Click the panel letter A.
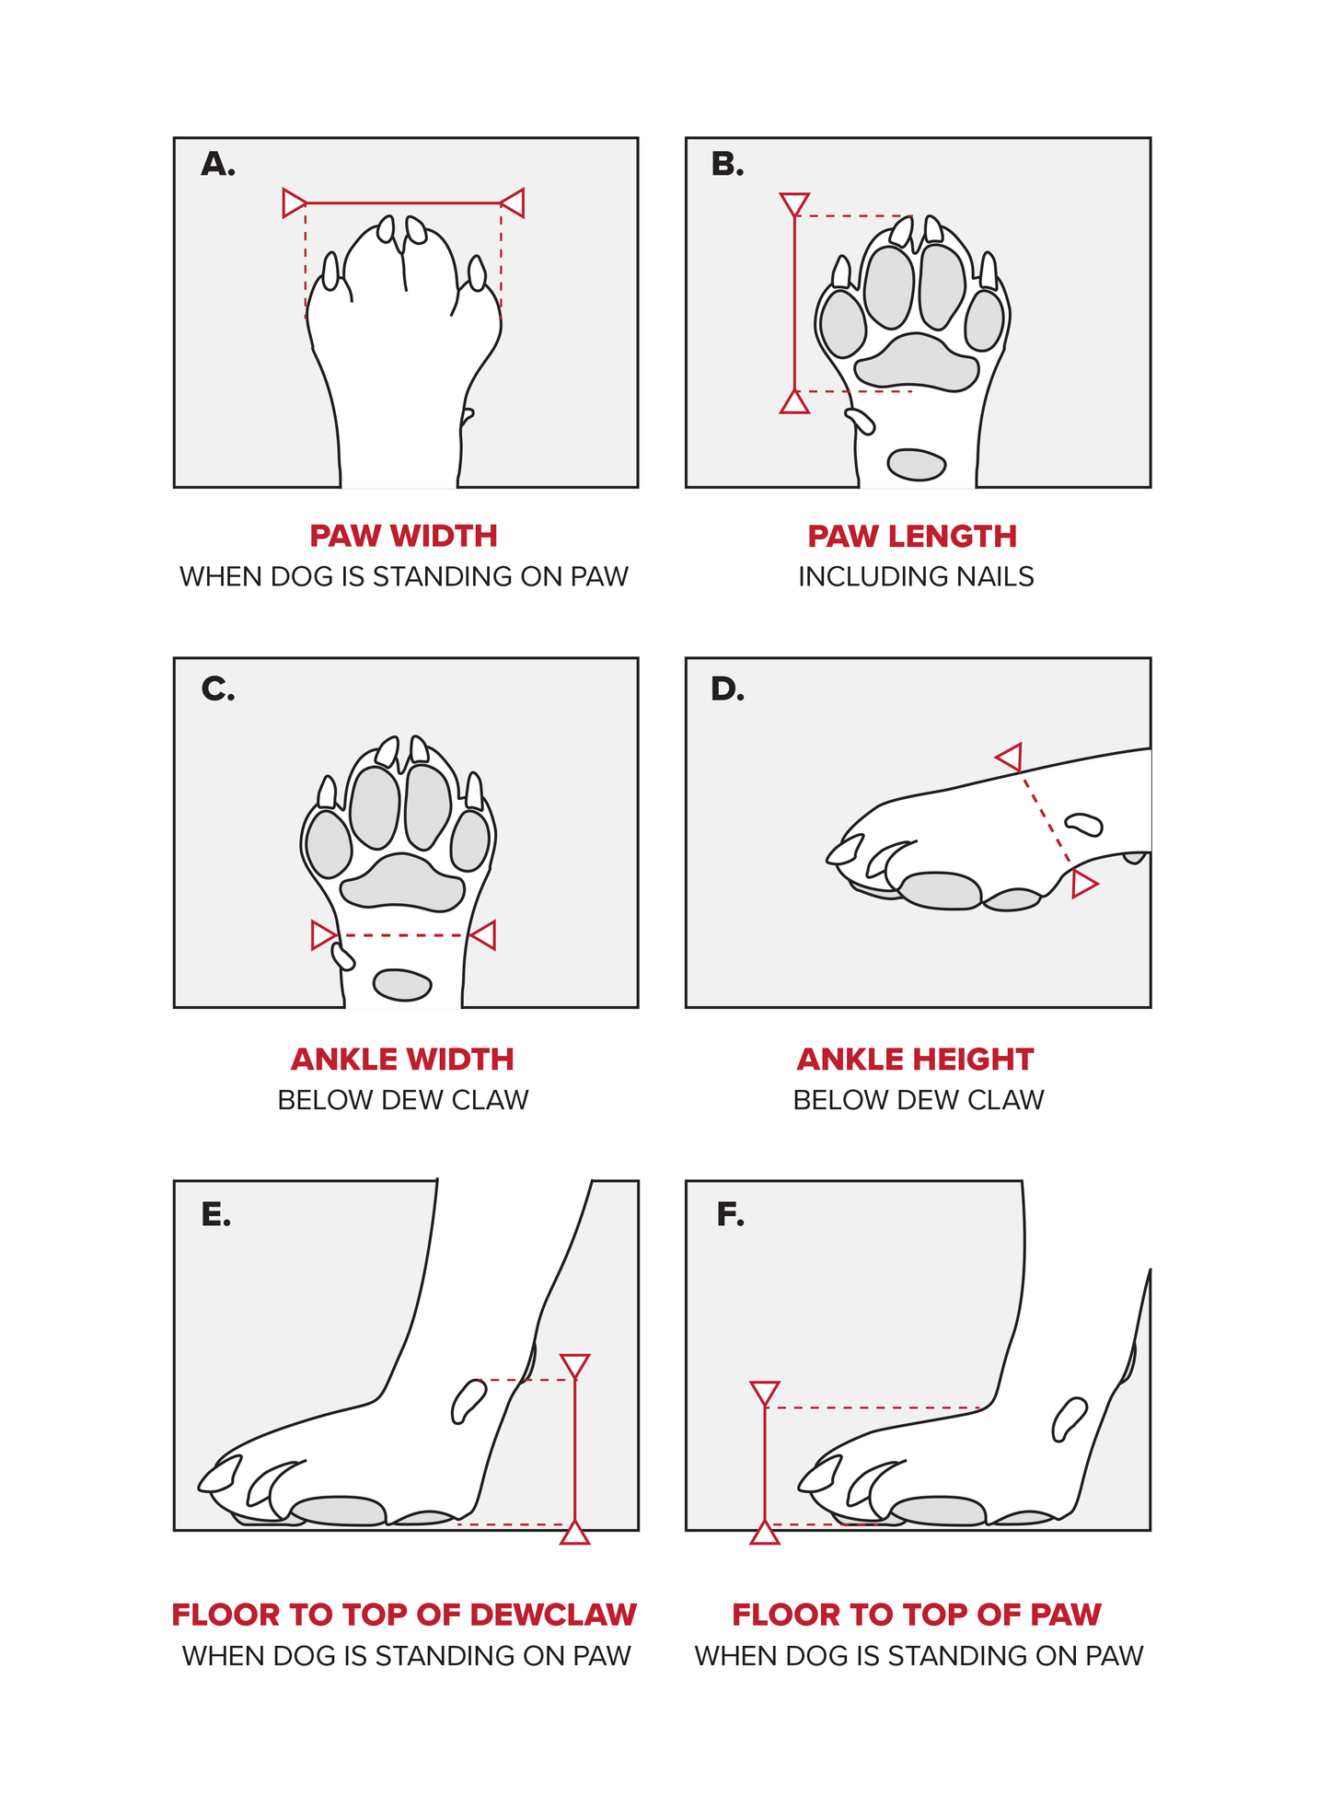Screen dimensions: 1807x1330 point(217,165)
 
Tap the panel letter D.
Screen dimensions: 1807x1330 point(726,689)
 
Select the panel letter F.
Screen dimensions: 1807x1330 point(730,1215)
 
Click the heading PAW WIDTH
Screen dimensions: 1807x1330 point(403,536)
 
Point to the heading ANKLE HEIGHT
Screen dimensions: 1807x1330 point(915,1060)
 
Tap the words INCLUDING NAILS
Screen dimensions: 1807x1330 point(915,576)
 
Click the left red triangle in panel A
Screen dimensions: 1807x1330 point(294,203)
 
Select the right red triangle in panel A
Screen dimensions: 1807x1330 point(513,203)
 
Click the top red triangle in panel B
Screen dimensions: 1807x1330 point(794,203)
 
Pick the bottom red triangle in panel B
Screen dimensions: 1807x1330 point(794,403)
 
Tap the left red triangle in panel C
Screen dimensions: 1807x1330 point(323,935)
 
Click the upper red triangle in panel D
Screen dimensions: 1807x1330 point(1010,758)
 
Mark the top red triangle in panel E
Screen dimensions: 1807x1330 point(574,1365)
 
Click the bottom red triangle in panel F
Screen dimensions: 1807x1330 point(765,1533)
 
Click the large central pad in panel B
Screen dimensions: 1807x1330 point(915,363)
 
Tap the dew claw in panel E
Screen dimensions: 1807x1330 point(468,1400)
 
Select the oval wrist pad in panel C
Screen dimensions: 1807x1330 point(402,984)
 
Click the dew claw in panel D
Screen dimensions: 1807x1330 point(1083,823)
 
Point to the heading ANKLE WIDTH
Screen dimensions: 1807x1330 point(402,1060)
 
